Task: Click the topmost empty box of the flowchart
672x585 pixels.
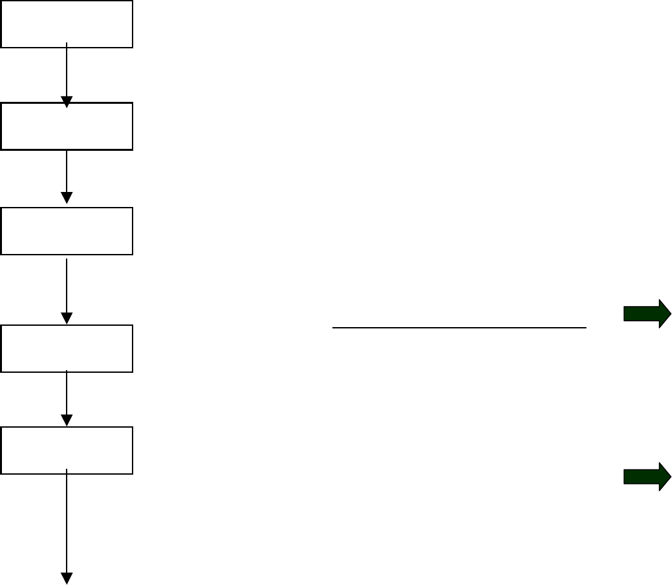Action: (67, 24)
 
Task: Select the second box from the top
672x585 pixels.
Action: (67, 126)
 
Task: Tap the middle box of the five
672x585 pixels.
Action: (67, 231)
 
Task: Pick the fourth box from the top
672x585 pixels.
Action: (67, 349)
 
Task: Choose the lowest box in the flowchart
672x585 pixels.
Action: (67, 451)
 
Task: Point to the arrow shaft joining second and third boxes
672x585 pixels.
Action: (67, 171)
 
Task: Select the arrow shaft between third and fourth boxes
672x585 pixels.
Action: (67, 284)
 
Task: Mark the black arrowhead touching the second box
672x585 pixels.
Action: (67, 102)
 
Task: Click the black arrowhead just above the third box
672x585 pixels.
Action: (67, 198)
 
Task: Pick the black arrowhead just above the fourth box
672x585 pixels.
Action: (67, 318)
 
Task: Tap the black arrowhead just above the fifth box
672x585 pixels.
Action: (67, 420)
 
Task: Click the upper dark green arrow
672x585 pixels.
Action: (647, 315)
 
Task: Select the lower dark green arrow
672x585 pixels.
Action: (647, 477)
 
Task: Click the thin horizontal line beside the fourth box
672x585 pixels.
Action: (459, 328)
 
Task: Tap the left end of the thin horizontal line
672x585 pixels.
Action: (334, 328)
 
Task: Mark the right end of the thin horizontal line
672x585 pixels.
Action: (585, 328)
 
